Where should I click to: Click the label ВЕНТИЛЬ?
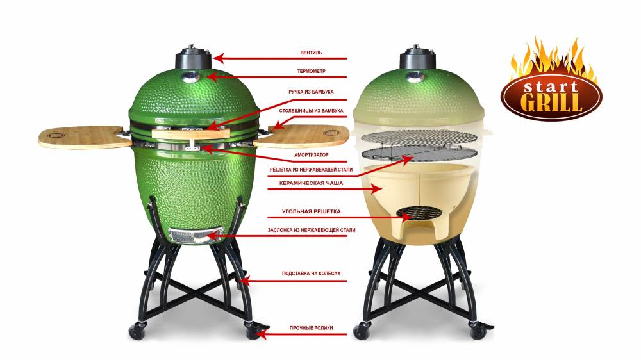311,53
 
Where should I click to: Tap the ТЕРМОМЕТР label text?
311,71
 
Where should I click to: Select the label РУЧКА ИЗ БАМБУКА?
311,92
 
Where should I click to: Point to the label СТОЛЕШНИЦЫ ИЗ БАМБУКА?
311,111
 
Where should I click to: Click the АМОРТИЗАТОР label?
311,155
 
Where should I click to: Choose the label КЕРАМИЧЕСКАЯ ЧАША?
311,183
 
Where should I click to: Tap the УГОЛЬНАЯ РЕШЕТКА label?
311,211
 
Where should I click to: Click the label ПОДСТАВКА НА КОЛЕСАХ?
311,274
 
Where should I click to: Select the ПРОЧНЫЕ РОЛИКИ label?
311,328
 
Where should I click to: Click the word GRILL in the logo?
552,102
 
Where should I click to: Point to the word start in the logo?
551,86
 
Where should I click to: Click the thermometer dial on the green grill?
190,76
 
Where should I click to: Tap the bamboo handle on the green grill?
190,134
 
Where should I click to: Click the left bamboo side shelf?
84,136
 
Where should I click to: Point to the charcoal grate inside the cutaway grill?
417,212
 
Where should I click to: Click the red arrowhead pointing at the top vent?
219,58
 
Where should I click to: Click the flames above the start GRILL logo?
552,58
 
